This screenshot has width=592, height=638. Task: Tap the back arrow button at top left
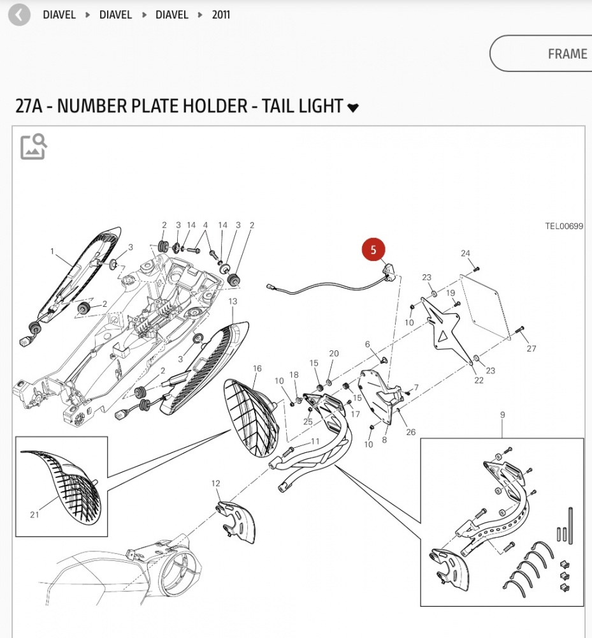(19, 15)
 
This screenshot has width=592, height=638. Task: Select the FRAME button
(567, 54)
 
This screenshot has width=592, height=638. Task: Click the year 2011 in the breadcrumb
(221, 15)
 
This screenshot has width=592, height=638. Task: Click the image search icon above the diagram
(33, 146)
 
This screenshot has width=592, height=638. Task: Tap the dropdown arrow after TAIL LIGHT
(353, 108)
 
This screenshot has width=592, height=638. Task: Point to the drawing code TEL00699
(564, 226)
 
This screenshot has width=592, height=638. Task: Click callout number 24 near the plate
(465, 253)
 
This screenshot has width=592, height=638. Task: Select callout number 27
(531, 348)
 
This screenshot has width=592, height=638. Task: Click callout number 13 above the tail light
(233, 300)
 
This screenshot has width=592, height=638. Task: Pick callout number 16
(257, 368)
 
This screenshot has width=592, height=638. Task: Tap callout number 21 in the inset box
(34, 515)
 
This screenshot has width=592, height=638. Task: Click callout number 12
(215, 484)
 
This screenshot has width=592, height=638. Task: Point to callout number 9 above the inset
(502, 415)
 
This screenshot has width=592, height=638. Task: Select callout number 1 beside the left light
(52, 251)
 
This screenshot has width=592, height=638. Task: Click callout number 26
(410, 432)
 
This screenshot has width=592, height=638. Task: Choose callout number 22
(479, 380)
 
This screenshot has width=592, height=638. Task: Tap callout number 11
(315, 441)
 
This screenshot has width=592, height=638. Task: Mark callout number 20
(334, 353)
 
